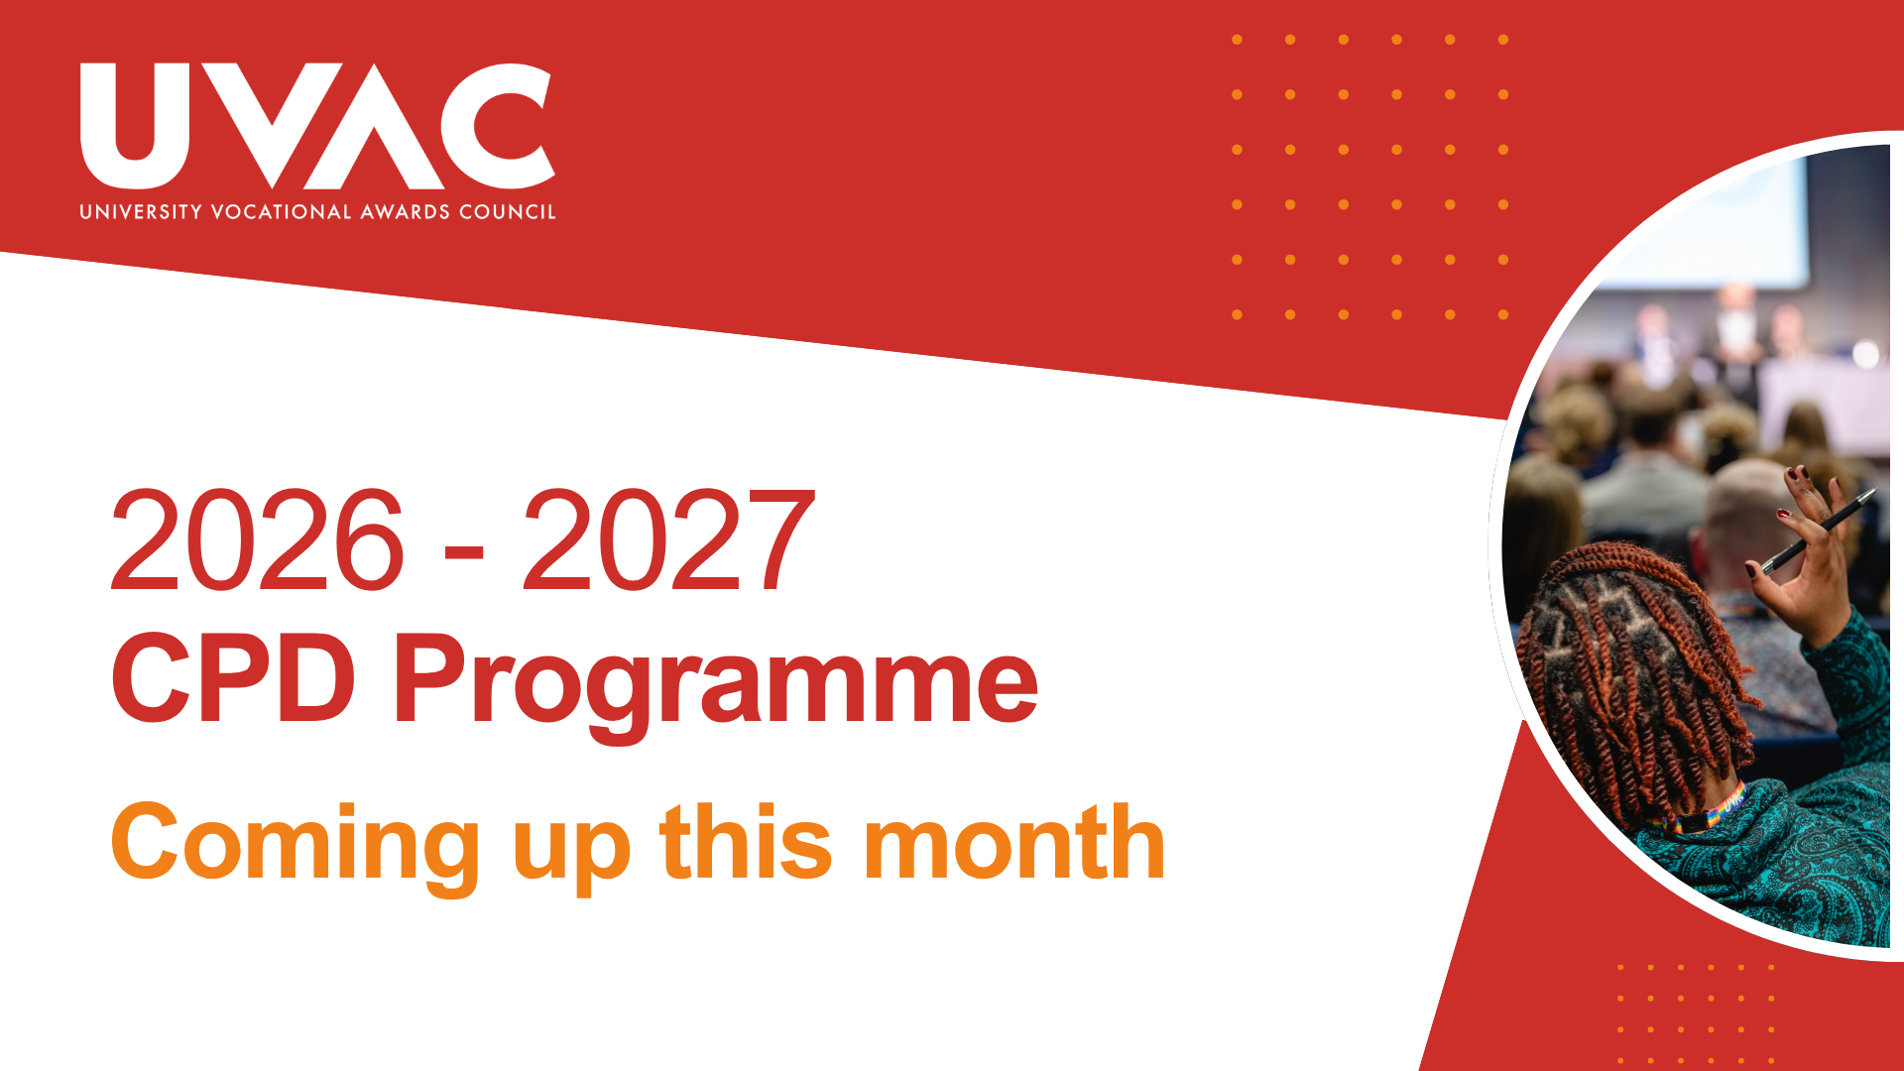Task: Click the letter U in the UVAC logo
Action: click(x=133, y=126)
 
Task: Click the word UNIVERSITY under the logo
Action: click(x=141, y=212)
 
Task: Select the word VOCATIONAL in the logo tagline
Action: click(x=282, y=212)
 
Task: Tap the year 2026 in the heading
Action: click(x=258, y=540)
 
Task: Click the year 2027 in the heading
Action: click(x=668, y=540)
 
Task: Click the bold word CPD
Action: click(x=234, y=679)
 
